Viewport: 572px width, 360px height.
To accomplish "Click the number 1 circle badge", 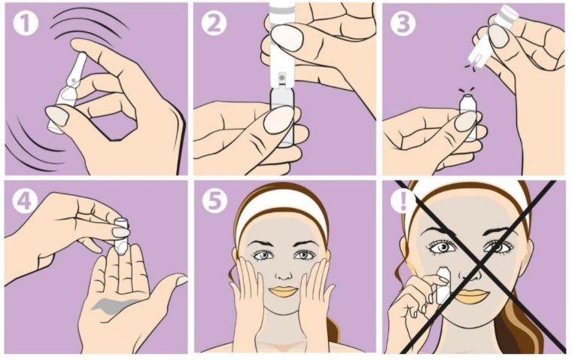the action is pos(26,23).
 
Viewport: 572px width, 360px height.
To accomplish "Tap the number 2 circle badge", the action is pos(214,23).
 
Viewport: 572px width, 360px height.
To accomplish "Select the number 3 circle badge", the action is pos(403,23).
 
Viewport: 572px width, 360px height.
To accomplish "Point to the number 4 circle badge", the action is pos(25,200).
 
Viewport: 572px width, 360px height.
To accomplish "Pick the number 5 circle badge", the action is pos(214,200).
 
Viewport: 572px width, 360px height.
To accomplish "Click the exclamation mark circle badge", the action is pos(403,200).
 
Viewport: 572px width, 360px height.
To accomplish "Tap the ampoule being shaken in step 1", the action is pos(68,93).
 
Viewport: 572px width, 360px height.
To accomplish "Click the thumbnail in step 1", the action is pos(57,115).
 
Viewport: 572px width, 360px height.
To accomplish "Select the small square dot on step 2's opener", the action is pos(281,77).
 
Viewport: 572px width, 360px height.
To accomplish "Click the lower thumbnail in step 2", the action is pos(278,120).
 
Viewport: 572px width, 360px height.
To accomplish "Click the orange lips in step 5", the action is pos(284,291).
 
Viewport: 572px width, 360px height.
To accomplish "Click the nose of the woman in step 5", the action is pos(284,271).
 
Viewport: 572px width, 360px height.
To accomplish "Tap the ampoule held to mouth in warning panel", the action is pos(443,285).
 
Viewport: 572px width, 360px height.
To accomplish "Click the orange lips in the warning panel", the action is pos(471,296).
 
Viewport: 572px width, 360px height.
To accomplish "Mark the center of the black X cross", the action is pos(479,265).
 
